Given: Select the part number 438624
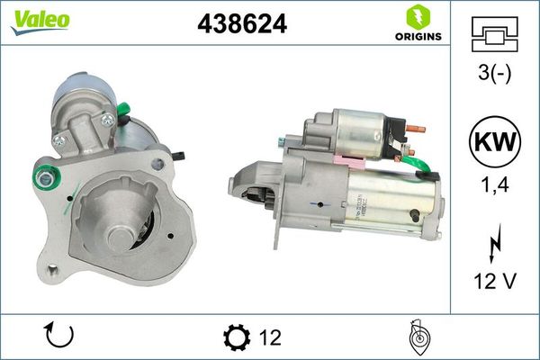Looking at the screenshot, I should pos(241,25).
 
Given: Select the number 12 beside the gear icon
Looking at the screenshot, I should pos(269,337).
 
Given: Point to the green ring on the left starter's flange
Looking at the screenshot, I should pos(42,178).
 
